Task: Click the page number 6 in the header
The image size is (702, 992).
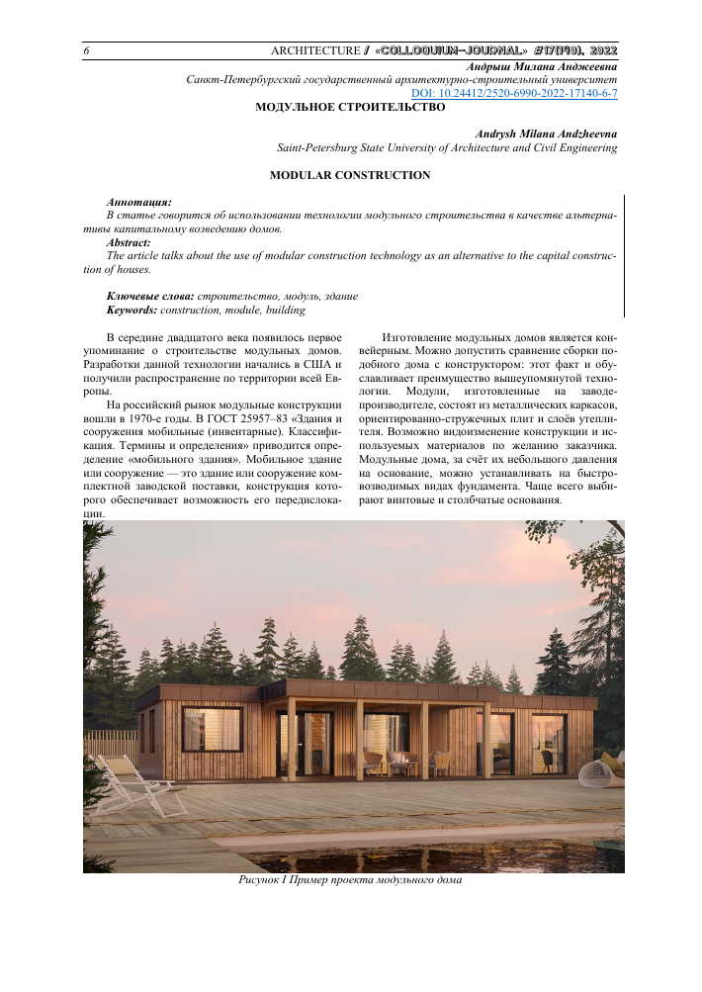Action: tap(87, 50)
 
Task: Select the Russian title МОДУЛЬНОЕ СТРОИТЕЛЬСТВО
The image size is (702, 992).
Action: tap(350, 107)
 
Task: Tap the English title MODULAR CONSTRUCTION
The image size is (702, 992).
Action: tap(350, 175)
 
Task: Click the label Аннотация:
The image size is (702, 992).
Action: tap(138, 201)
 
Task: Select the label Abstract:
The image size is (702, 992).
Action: tap(129, 241)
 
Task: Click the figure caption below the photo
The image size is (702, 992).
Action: tap(350, 879)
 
